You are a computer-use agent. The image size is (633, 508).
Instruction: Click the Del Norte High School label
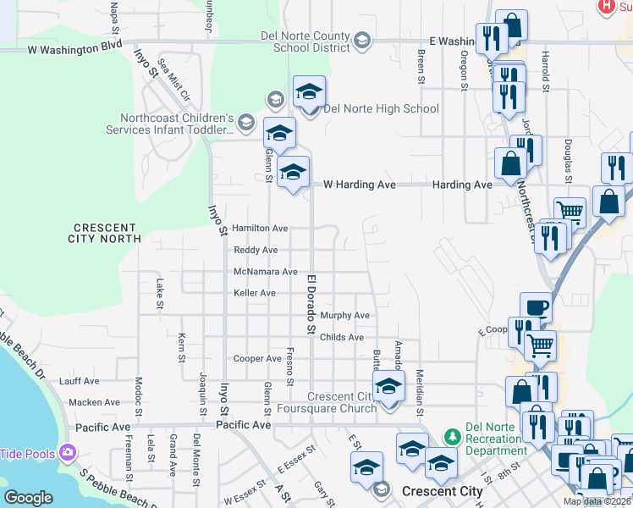click(381, 108)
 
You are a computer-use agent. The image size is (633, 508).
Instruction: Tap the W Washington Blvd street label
click(74, 49)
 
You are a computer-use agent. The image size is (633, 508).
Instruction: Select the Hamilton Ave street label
click(260, 229)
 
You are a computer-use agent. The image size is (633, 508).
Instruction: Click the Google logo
click(29, 498)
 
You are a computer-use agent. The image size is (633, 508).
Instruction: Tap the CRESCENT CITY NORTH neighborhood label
click(105, 234)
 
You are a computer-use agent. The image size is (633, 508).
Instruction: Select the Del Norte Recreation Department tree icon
click(454, 437)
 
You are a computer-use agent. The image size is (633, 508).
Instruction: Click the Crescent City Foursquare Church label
click(341, 403)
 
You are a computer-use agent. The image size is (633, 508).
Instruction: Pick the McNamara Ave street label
click(266, 272)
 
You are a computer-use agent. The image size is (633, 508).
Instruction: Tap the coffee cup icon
click(536, 308)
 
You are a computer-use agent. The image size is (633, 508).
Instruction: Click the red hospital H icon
click(606, 6)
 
